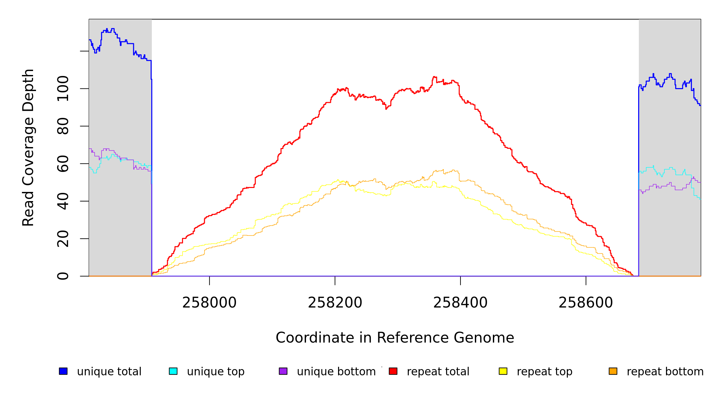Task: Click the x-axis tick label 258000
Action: pos(209,303)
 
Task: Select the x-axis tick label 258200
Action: pos(335,303)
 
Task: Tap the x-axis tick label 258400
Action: pos(460,303)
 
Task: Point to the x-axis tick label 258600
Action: pos(585,303)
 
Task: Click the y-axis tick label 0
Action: pos(63,276)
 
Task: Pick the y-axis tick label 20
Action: pos(63,239)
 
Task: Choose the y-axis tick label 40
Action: pos(63,201)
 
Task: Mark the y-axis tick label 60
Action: pos(63,164)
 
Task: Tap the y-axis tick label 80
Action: pos(63,126)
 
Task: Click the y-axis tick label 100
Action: pos(63,88)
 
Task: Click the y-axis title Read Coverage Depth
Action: pos(28,147)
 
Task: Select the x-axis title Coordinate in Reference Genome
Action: pos(395,338)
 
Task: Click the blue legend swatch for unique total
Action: pos(63,371)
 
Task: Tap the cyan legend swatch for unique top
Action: pos(173,371)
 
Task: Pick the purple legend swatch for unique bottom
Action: pos(283,371)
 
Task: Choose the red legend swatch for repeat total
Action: pos(393,371)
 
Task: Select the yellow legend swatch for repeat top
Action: pos(503,371)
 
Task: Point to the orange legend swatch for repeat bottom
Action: pos(613,371)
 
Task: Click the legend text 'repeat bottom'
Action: pos(665,372)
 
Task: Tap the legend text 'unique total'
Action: pos(109,372)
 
